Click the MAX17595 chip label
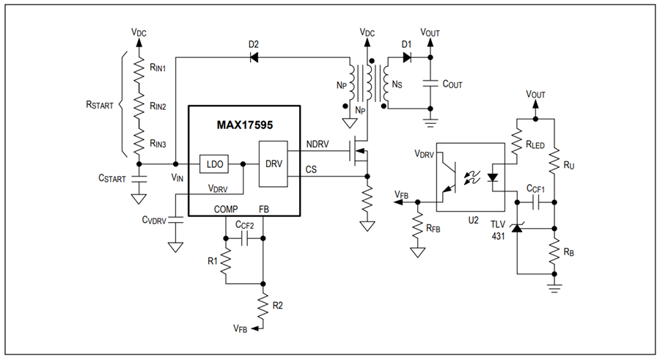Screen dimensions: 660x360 pos(244,125)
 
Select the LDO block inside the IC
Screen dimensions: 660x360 pos(214,164)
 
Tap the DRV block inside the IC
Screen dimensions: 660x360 pos(274,164)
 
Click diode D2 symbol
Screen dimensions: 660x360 pos(254,57)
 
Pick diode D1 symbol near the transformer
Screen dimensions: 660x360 pos(406,57)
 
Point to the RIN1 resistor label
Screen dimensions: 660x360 pos(158,67)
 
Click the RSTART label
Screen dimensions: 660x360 pos(100,105)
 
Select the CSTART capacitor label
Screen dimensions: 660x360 pos(112,178)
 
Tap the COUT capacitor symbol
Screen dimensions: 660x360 pos(430,83)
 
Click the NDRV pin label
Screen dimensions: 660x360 pos(318,144)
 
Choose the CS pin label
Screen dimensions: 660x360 pos(311,169)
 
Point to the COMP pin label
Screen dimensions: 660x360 pos(226,209)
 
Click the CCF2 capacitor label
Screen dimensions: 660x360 pos(244,225)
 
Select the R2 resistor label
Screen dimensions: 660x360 pos(277,305)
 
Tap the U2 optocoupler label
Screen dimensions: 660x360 pos(473,220)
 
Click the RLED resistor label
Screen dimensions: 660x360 pos(535,145)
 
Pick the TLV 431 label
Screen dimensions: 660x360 pos(498,230)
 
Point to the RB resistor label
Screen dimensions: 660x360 pos(568,251)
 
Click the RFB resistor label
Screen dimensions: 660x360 pos(433,228)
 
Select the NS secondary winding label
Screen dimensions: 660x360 pos(397,84)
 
